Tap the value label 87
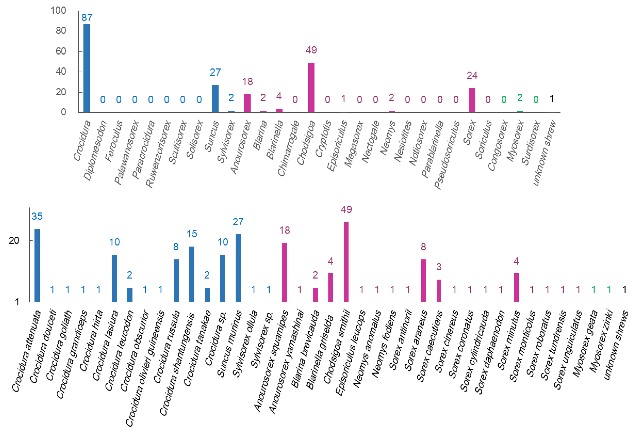pos(87,18)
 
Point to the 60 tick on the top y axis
pos(61,51)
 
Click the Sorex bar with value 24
pos(472,100)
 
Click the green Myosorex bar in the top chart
pos(520,112)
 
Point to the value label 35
pos(37,216)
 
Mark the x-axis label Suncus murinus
pos(229,343)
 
